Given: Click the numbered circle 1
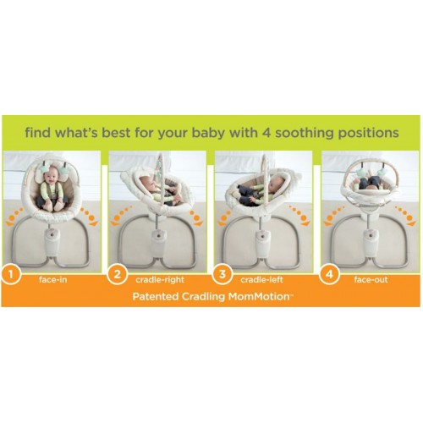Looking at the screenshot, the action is click(x=11, y=274).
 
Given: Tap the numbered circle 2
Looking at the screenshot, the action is click(x=118, y=274).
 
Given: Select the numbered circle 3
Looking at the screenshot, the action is click(x=222, y=274).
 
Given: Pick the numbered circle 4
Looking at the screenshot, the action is click(x=329, y=274).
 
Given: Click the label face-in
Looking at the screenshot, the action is click(x=53, y=280).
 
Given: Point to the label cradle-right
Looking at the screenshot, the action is click(x=160, y=280).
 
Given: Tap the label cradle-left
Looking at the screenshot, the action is click(x=261, y=280).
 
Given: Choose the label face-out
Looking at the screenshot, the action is click(x=371, y=280).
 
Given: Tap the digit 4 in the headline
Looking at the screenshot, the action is click(x=266, y=132).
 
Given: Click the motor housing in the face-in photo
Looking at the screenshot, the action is click(x=52, y=242).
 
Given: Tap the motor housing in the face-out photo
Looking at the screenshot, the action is click(x=371, y=242).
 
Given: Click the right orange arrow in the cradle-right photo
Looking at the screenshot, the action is click(x=196, y=218).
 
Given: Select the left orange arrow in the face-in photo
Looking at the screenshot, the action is click(x=14, y=217).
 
